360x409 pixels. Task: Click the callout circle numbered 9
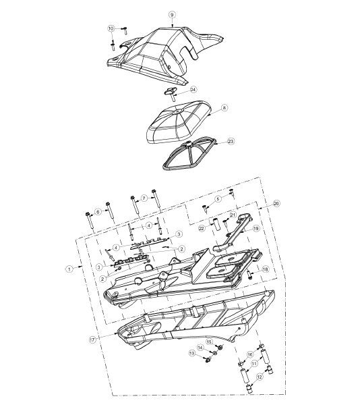[172, 15]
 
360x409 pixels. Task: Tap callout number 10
[111, 28]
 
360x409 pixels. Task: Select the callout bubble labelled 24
[193, 90]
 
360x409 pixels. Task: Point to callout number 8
[224, 108]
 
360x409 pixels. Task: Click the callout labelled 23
[231, 141]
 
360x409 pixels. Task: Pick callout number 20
[276, 203]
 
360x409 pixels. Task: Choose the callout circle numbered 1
[69, 269]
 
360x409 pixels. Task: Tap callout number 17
[92, 340]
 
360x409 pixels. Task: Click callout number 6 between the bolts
[98, 212]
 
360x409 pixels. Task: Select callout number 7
[144, 198]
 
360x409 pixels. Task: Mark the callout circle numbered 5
[218, 198]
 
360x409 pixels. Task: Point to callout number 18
[266, 269]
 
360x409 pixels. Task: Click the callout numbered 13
[192, 353]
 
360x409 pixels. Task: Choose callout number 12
[260, 377]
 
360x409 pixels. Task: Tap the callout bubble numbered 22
[202, 229]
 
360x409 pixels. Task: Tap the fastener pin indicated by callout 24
[171, 94]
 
